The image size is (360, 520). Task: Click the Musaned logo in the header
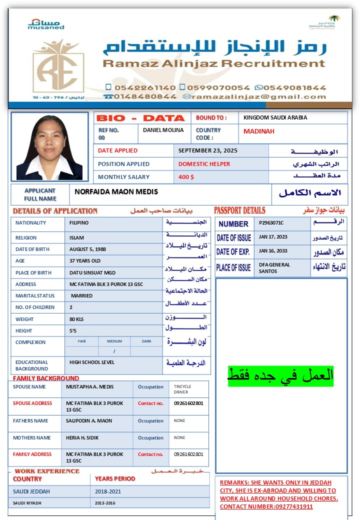[46, 24]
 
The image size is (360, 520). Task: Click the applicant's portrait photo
[49, 146]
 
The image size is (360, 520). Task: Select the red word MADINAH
[259, 131]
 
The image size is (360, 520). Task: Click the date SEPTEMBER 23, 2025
[208, 150]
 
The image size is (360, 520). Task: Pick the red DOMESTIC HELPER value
[204, 164]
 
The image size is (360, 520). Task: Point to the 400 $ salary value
[186, 177]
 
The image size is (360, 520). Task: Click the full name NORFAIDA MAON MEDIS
[116, 191]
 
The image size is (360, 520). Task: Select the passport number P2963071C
[271, 222]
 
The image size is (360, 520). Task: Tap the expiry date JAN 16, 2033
[273, 250]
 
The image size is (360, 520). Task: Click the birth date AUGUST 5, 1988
[88, 249]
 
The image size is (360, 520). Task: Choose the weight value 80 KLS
[79, 319]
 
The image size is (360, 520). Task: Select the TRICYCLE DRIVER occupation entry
[182, 389]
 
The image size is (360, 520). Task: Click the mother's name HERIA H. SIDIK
[83, 437]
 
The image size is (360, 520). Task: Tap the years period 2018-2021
[108, 491]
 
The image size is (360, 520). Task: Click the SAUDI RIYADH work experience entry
[27, 503]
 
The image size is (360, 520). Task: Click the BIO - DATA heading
[140, 118]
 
